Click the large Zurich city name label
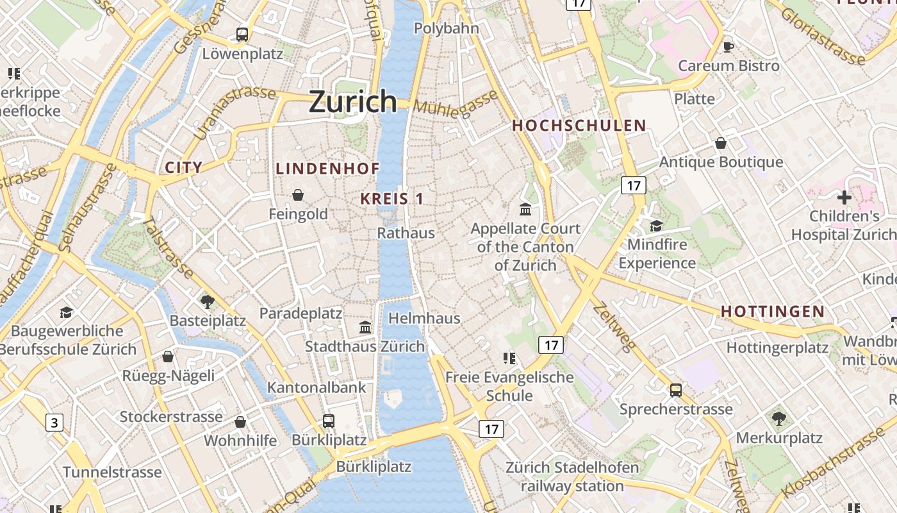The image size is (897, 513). [x=353, y=101]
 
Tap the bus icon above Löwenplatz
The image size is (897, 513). [x=242, y=35]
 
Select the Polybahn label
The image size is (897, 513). [x=446, y=28]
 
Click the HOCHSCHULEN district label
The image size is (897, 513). [x=579, y=125]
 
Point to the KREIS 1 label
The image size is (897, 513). [x=391, y=199]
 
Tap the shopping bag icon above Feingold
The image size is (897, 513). [x=298, y=195]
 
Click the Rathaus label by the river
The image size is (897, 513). [x=406, y=233]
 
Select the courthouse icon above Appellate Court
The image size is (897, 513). [x=525, y=209]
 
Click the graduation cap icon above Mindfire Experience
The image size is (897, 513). [x=656, y=226]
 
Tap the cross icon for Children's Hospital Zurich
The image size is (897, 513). [x=844, y=198]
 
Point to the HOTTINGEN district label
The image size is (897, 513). [x=773, y=312]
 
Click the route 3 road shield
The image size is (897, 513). [x=54, y=423]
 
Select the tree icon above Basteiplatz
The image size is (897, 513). [x=207, y=301]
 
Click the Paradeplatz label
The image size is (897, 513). [x=300, y=314]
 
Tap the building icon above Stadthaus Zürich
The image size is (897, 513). [x=365, y=327]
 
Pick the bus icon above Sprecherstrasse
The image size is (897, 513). [x=675, y=390]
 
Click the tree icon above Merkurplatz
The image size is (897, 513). [x=779, y=419]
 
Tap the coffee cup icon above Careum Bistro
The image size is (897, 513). [x=728, y=46]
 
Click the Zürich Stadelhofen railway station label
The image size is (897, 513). [x=572, y=476]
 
